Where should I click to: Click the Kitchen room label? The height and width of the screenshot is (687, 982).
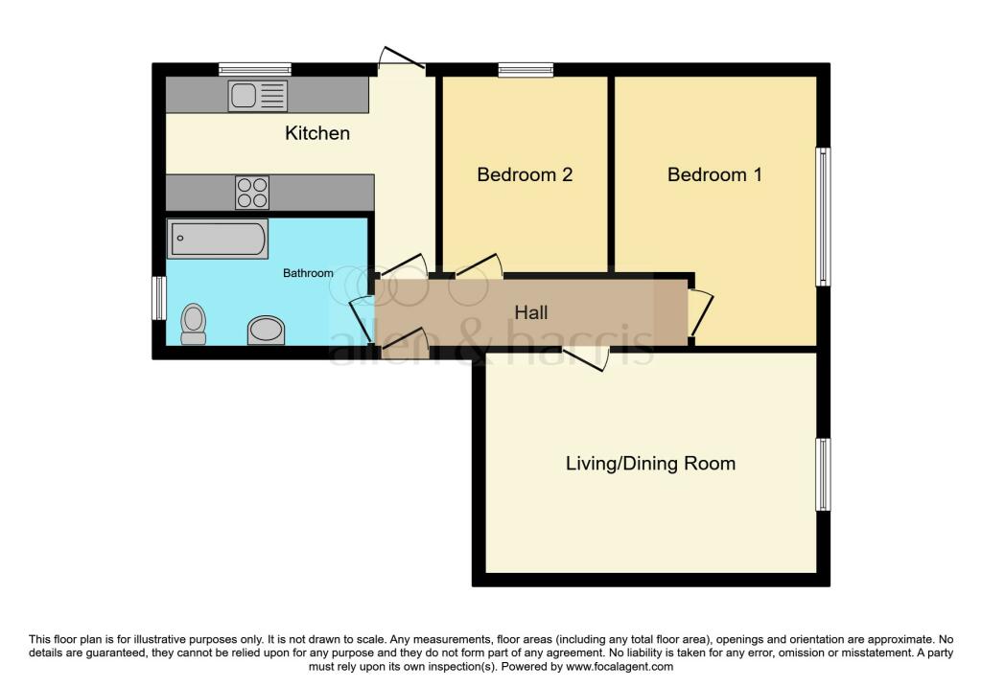[x=316, y=132]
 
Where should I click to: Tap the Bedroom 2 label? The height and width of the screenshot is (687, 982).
[x=525, y=174]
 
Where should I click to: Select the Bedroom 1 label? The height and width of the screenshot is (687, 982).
[x=714, y=174]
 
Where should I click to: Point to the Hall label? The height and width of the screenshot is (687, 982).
[x=531, y=312]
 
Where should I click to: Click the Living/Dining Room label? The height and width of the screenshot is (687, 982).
[x=650, y=463]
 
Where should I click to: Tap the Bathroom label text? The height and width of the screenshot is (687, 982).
[x=308, y=273]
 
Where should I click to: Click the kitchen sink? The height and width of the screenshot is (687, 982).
[x=257, y=96]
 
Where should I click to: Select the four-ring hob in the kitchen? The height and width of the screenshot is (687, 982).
[x=252, y=192]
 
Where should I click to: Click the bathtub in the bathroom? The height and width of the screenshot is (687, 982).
[x=218, y=239]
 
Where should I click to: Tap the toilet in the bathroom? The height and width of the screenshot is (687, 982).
[x=194, y=324]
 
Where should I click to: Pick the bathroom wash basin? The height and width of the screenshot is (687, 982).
[x=267, y=330]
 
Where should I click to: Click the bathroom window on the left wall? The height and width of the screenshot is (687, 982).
[x=160, y=298]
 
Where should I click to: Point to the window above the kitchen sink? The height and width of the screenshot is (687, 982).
[x=255, y=69]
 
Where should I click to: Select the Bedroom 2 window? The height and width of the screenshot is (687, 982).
[x=526, y=69]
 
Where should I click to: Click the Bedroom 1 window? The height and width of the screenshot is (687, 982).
[x=824, y=217]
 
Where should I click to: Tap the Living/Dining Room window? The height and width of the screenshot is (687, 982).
[x=824, y=474]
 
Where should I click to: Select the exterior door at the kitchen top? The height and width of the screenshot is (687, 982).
[x=402, y=57]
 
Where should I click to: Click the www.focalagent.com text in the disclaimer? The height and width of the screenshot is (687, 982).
[x=620, y=667]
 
